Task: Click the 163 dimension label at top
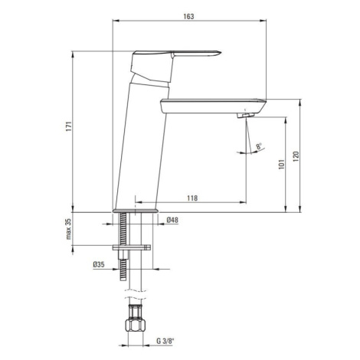(188, 16)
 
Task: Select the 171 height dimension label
(69, 126)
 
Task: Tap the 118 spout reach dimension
(192, 198)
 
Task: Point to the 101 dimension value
(281, 165)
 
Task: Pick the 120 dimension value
(296, 156)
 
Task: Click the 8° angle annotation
(259, 146)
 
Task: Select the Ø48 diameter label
(172, 220)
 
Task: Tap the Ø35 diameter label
(99, 264)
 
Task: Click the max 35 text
(69, 229)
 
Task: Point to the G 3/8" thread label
(165, 341)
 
